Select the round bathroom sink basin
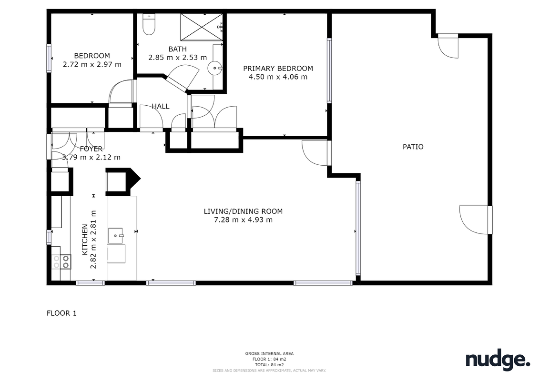[215, 68]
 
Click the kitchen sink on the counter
[115, 236]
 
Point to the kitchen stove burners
[61, 262]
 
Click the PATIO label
[413, 147]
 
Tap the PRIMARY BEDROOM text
[278, 69]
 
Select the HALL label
[161, 107]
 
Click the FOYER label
[91, 149]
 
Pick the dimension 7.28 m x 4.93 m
[244, 220]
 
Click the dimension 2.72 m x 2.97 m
[92, 64]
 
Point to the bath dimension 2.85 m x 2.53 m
[178, 57]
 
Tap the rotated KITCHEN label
[84, 240]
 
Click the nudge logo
[498, 360]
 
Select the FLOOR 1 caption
[61, 313]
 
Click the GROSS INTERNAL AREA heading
[269, 353]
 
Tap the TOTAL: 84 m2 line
[269, 365]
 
